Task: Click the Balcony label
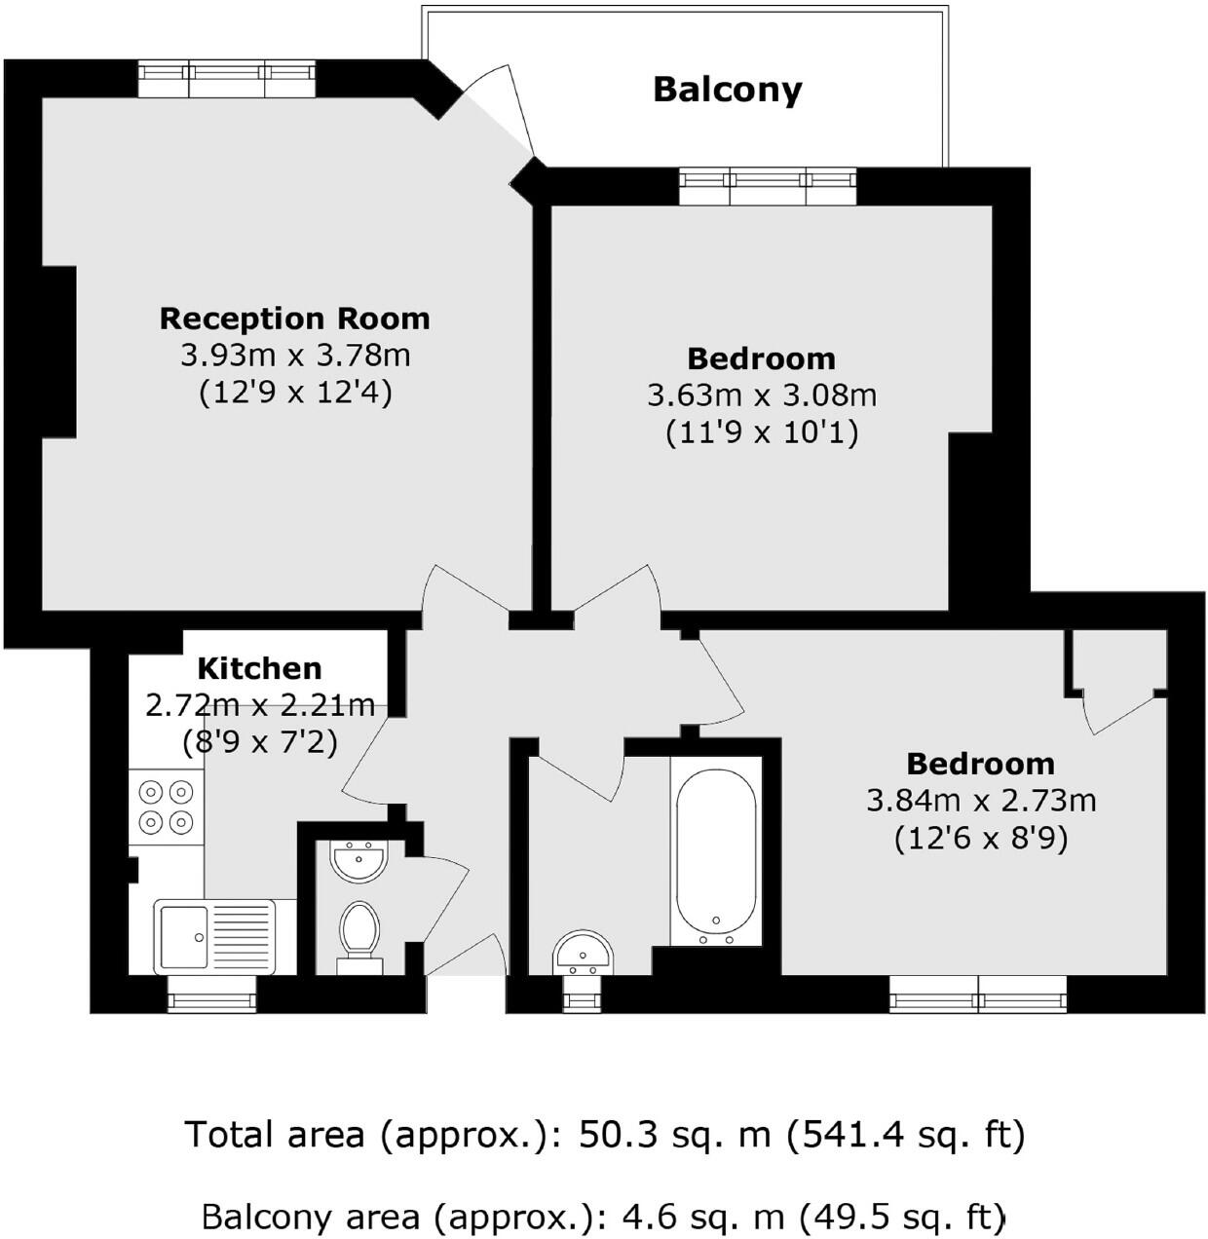point(727,90)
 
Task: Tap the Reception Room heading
point(294,319)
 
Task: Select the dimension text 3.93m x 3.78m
point(294,356)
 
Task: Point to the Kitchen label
point(259,668)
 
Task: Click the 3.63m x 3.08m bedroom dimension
point(761,395)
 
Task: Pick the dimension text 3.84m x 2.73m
point(980,801)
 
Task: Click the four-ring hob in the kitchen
point(166,807)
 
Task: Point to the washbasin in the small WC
point(359,861)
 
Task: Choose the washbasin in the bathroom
point(583,952)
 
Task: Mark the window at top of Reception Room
point(226,78)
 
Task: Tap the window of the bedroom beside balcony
point(768,186)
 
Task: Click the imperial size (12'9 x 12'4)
point(294,393)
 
